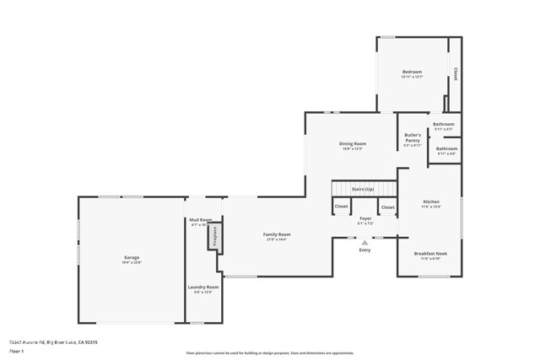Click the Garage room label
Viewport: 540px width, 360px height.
132,257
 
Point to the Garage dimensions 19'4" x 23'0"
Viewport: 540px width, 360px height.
132,263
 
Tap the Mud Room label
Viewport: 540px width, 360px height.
200,220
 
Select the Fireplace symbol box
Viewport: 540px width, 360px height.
214,236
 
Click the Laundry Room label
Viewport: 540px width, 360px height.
202,287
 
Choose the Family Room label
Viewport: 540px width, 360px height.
277,234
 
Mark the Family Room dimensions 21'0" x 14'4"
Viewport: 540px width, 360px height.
277,240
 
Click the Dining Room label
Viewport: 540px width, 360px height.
353,143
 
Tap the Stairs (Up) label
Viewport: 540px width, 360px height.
363,190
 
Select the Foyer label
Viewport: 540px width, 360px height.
365,218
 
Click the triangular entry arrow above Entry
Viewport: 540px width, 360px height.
364,243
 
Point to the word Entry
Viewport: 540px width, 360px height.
364,250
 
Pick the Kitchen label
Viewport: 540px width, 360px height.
430,202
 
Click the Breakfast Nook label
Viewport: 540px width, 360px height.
430,254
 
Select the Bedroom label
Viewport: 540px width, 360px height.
412,73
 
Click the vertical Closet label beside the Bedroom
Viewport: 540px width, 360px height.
456,74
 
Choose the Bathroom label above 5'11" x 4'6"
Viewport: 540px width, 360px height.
446,148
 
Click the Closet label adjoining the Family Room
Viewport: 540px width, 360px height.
341,207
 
